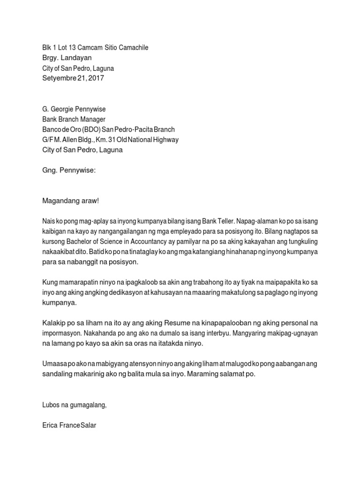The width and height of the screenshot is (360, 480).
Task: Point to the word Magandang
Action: pyautogui.click(x=61, y=201)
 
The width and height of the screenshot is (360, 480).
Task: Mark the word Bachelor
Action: pyautogui.click(x=81, y=242)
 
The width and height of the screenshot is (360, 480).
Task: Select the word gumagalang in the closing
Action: pyautogui.click(x=89, y=405)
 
